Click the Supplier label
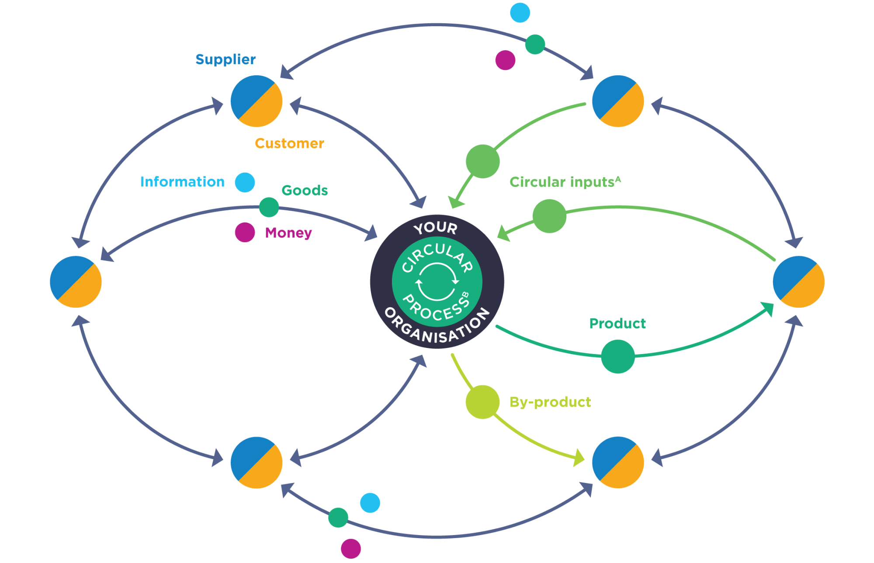[225, 59]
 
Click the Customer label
[289, 143]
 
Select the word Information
[182, 182]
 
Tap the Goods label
[305, 191]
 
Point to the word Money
[288, 233]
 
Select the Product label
[617, 323]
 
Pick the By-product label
[550, 402]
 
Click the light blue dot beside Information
[245, 182]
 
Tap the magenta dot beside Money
[245, 232]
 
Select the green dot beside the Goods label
[269, 207]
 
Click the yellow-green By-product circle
[482, 402]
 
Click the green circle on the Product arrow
[618, 357]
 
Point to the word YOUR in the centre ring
[435, 228]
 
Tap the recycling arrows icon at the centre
[437, 282]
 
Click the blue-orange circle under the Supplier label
[257, 101]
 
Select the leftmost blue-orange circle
[76, 282]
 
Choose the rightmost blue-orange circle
[798, 282]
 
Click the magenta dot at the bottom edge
[350, 549]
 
